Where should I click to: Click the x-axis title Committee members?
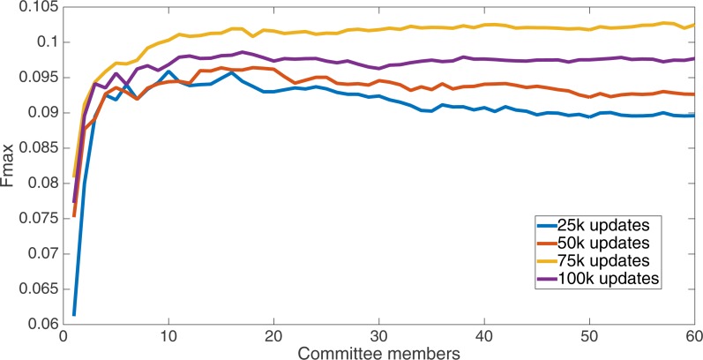point(379,351)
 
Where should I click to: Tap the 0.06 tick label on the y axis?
point(40,325)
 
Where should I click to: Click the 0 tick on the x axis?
point(64,337)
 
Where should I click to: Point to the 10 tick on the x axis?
point(168,337)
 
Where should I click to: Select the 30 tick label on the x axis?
point(379,337)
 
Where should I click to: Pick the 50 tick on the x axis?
point(589,337)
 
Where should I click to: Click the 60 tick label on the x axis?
point(694,337)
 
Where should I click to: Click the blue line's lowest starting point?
point(74,314)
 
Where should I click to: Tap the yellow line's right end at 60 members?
point(694,25)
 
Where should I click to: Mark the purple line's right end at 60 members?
point(694,59)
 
